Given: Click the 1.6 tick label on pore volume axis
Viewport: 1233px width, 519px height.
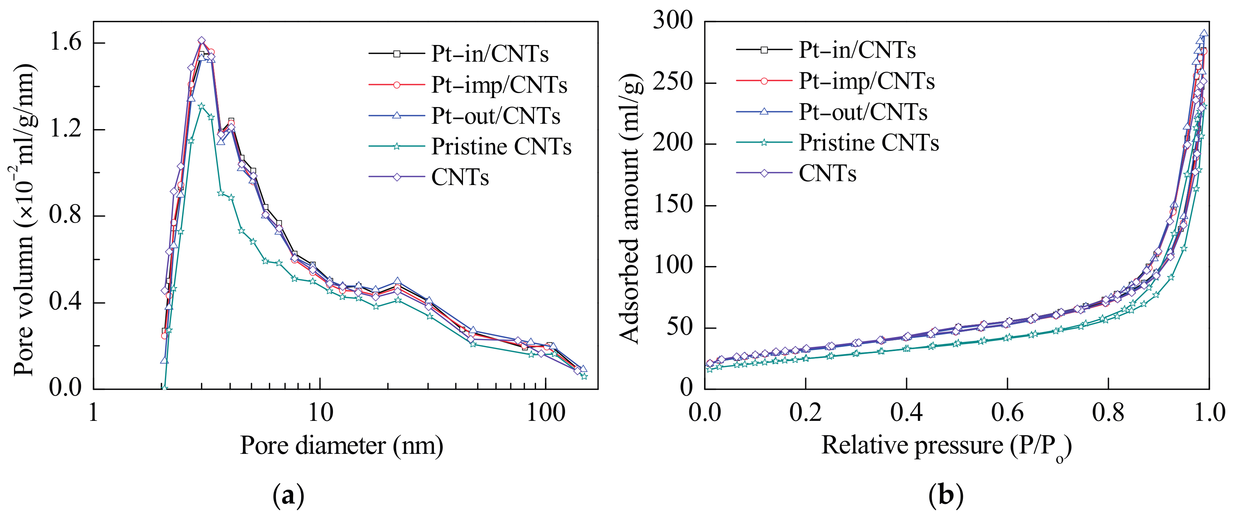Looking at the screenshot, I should coord(66,43).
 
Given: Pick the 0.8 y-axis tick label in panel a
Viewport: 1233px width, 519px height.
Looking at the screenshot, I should coord(66,216).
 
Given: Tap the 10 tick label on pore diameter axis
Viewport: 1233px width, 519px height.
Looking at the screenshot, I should coord(320,412).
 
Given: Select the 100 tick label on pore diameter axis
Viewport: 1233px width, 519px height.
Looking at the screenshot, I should coord(546,412).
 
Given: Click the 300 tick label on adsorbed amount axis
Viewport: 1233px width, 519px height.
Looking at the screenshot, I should coord(673,21).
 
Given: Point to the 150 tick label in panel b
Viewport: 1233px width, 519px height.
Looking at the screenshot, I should coord(673,205).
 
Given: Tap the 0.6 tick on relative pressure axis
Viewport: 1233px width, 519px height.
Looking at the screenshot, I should coord(1007,412).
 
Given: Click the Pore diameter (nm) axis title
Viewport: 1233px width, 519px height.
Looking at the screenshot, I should coord(341,446).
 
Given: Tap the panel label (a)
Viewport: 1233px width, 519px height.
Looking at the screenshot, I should coord(288,497).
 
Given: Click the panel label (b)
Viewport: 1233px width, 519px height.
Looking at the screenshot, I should coord(946,497).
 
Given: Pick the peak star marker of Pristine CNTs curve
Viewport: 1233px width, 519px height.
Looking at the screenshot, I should coord(201,106).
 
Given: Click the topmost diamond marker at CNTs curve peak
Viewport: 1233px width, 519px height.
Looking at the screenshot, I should coord(201,41).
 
